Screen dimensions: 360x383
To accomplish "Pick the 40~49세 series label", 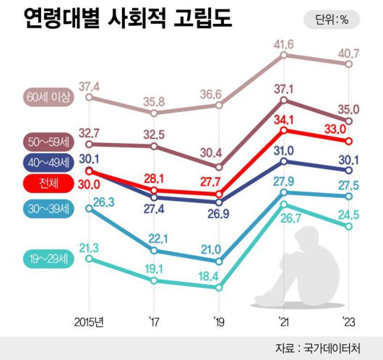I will [48, 161].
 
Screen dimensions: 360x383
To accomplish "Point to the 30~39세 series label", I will [48, 209].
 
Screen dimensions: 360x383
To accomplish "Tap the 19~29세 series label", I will [48, 257].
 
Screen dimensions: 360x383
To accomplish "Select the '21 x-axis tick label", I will [283, 319].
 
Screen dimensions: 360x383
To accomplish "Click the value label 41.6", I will [283, 46].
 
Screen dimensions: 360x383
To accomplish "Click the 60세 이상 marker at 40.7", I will [349, 64].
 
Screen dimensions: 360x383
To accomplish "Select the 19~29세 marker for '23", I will [349, 226].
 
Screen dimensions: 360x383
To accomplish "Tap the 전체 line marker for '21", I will [284, 130].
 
